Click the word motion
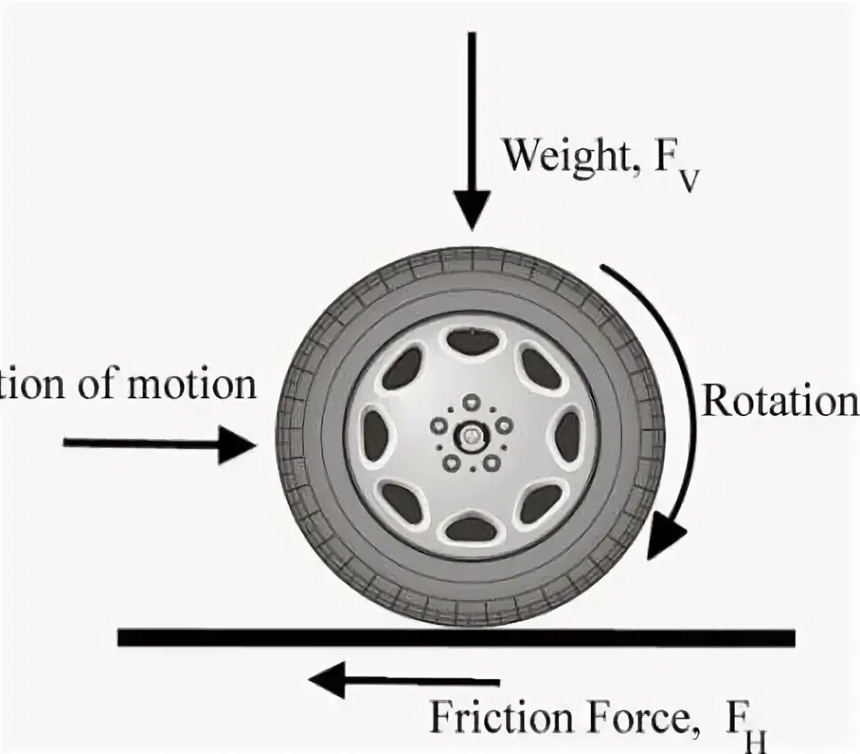tap(195, 386)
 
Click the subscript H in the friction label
tap(757, 738)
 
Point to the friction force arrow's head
tap(325, 682)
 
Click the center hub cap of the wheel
tap(469, 436)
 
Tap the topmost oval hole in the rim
tap(473, 341)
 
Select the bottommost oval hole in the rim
tap(471, 530)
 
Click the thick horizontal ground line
tap(456, 638)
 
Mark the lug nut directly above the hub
tap(470, 403)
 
